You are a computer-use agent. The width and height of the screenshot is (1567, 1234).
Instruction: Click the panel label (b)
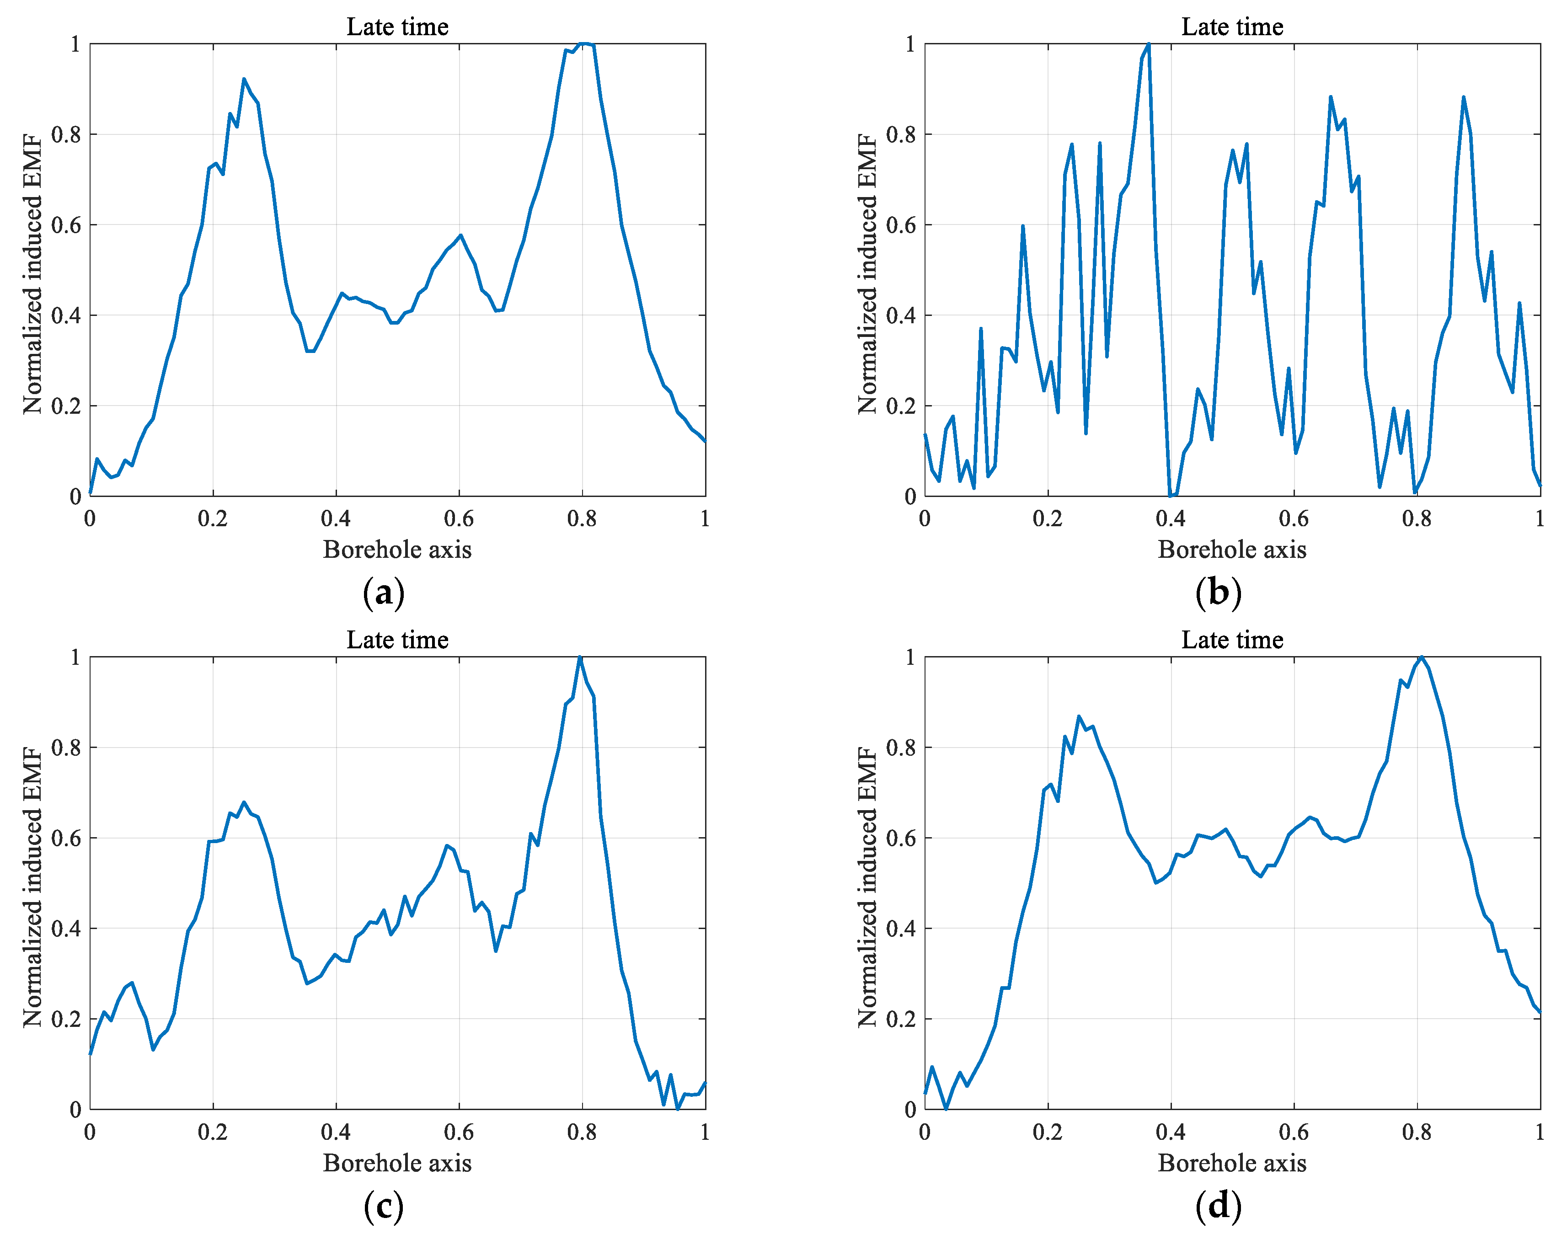pyautogui.click(x=1218, y=593)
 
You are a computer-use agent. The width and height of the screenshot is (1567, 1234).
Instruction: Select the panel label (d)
pyautogui.click(x=1218, y=1206)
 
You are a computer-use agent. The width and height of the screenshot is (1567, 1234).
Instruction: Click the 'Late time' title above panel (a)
pyautogui.click(x=397, y=27)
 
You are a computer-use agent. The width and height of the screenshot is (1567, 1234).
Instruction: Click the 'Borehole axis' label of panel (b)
pyautogui.click(x=1232, y=550)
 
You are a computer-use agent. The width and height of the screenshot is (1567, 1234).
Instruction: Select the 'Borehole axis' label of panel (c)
pyautogui.click(x=397, y=1163)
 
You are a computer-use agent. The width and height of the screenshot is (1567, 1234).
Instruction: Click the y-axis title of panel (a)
pyautogui.click(x=32, y=274)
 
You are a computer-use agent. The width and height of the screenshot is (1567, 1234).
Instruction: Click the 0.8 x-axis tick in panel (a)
pyautogui.click(x=582, y=519)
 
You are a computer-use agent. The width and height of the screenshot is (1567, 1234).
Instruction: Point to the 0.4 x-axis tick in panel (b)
pyautogui.click(x=1171, y=519)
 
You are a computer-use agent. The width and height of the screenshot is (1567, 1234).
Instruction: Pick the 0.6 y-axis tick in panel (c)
pyautogui.click(x=66, y=838)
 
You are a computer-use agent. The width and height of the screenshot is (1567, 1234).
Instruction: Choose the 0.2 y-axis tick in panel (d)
pyautogui.click(x=901, y=1019)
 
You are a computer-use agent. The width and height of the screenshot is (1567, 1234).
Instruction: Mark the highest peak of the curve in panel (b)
pyautogui.click(x=1148, y=45)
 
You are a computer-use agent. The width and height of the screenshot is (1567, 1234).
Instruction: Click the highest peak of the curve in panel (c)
pyautogui.click(x=579, y=657)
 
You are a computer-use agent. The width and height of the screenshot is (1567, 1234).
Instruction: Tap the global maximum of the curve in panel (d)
pyautogui.click(x=1421, y=657)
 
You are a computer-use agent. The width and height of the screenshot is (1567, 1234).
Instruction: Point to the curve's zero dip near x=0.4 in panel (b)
pyautogui.click(x=1171, y=496)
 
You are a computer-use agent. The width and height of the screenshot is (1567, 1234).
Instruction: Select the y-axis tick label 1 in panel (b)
pyautogui.click(x=909, y=45)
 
